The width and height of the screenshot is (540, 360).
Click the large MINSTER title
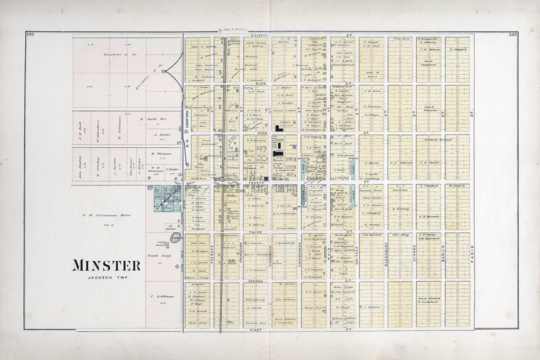106,265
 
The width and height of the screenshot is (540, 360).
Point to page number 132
29,34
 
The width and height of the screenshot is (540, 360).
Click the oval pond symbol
175,238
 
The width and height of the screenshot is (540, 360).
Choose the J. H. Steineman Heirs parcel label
107,215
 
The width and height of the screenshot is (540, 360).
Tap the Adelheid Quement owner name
437,139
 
